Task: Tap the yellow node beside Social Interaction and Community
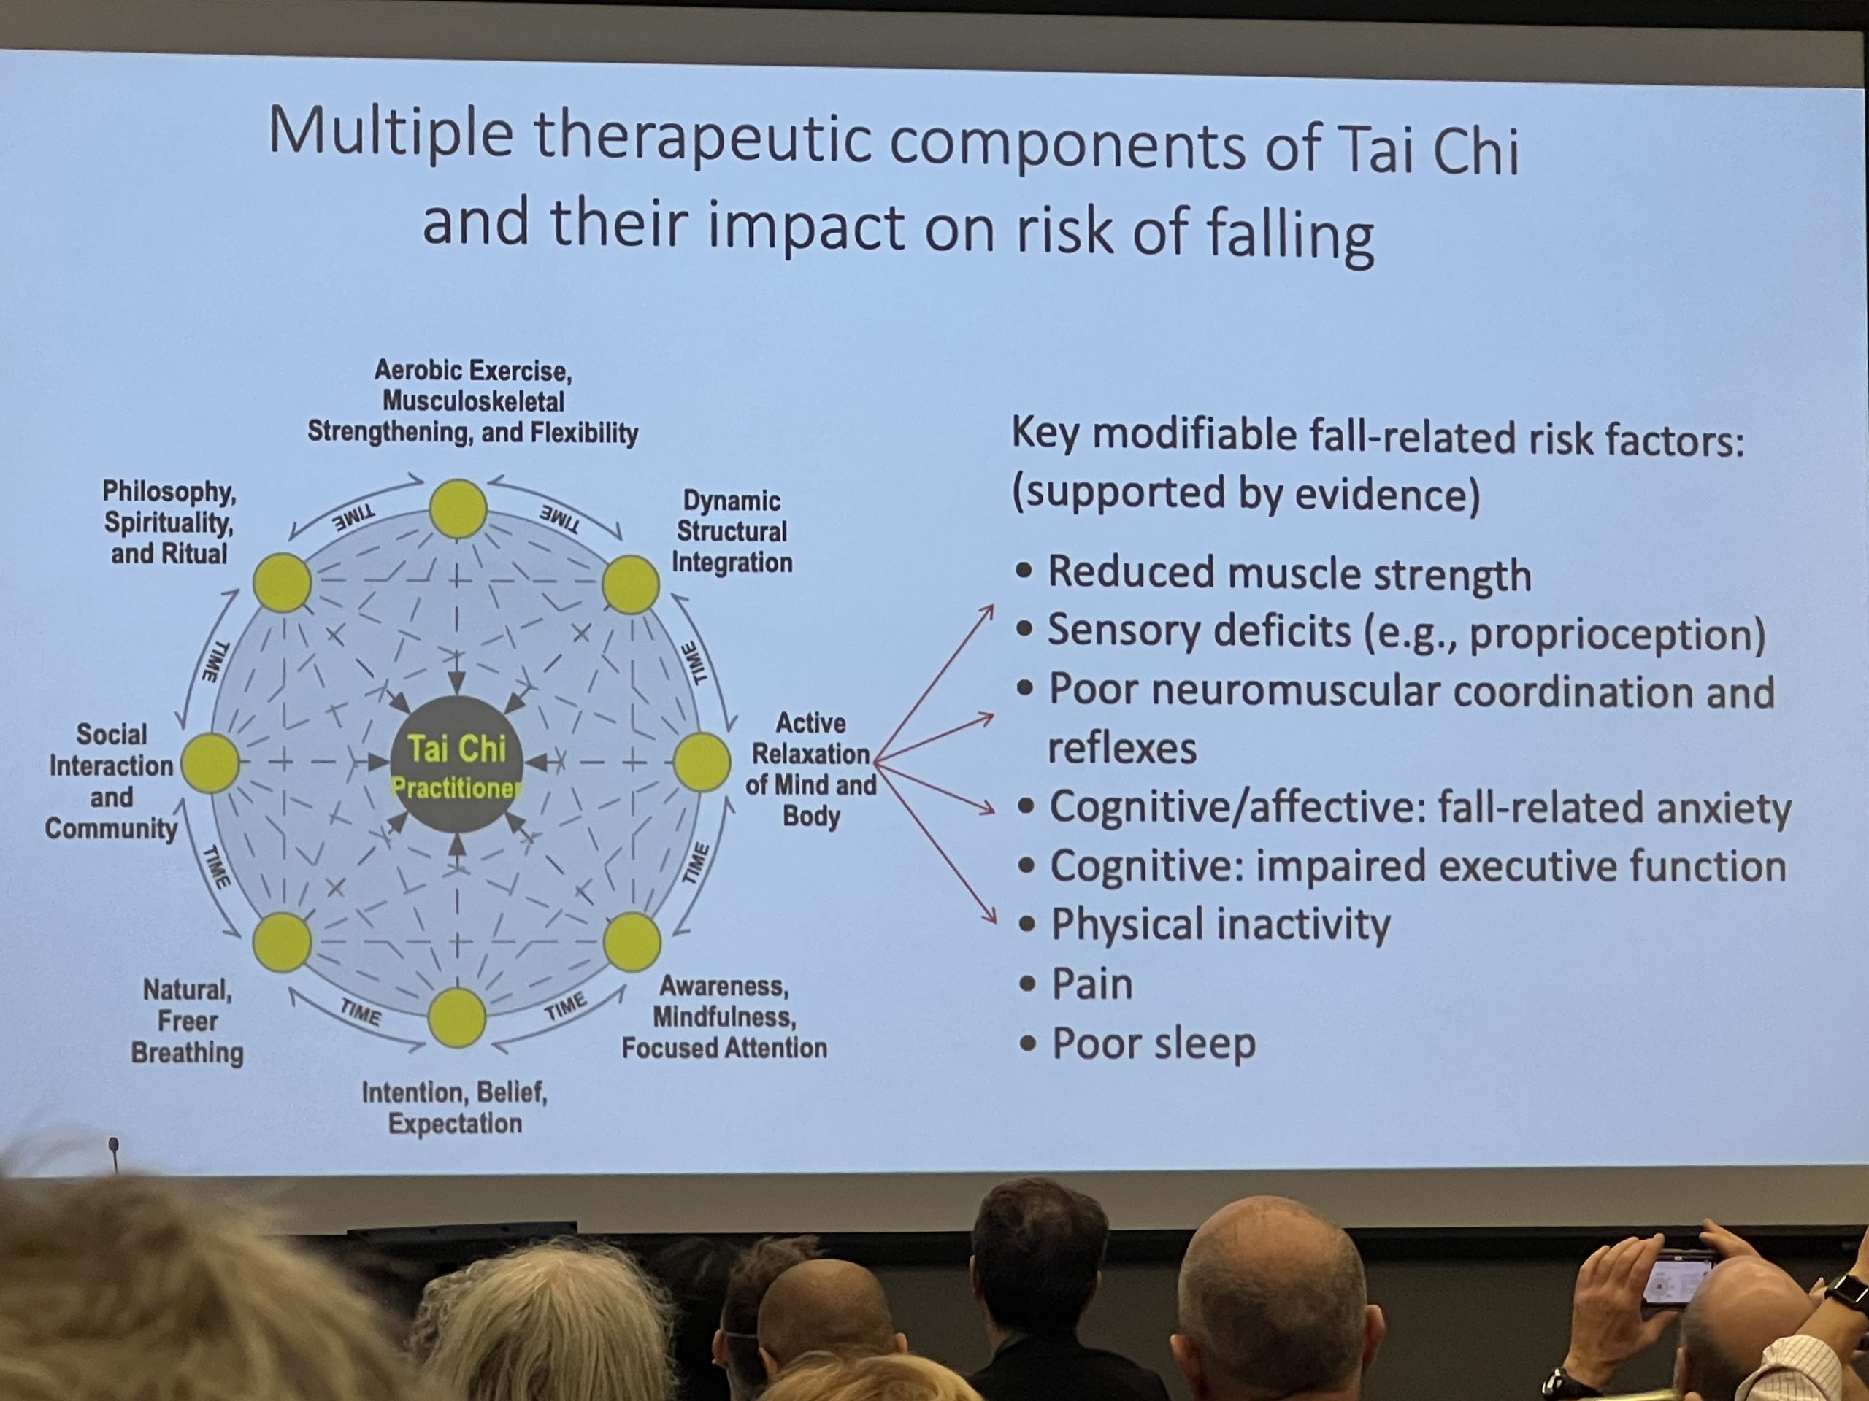(210, 763)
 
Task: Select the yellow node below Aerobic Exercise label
(458, 509)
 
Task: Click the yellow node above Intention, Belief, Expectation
(457, 1018)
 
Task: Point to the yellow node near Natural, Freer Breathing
(283, 943)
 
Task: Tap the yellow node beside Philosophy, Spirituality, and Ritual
(283, 583)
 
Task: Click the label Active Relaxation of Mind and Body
(811, 769)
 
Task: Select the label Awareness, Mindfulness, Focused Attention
(725, 1016)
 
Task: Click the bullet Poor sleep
(1137, 1043)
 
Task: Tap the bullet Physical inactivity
(1204, 925)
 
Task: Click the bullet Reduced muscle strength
(1273, 574)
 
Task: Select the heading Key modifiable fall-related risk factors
(1377, 437)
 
